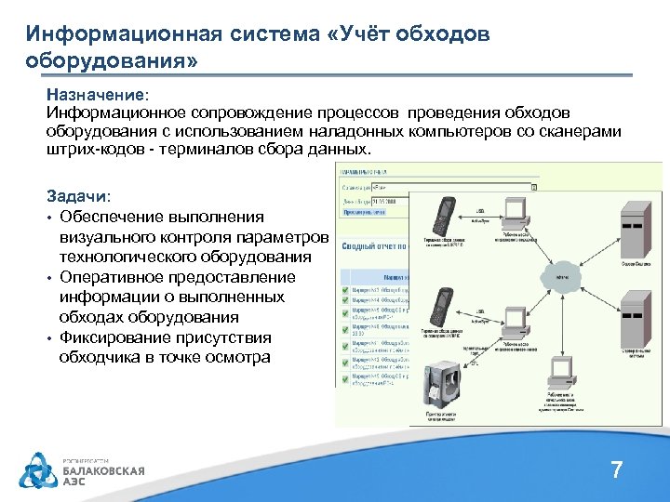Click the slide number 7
coord(616,470)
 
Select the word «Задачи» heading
coord(77,197)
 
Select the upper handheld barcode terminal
coord(442,216)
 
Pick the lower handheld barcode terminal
coord(441,309)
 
